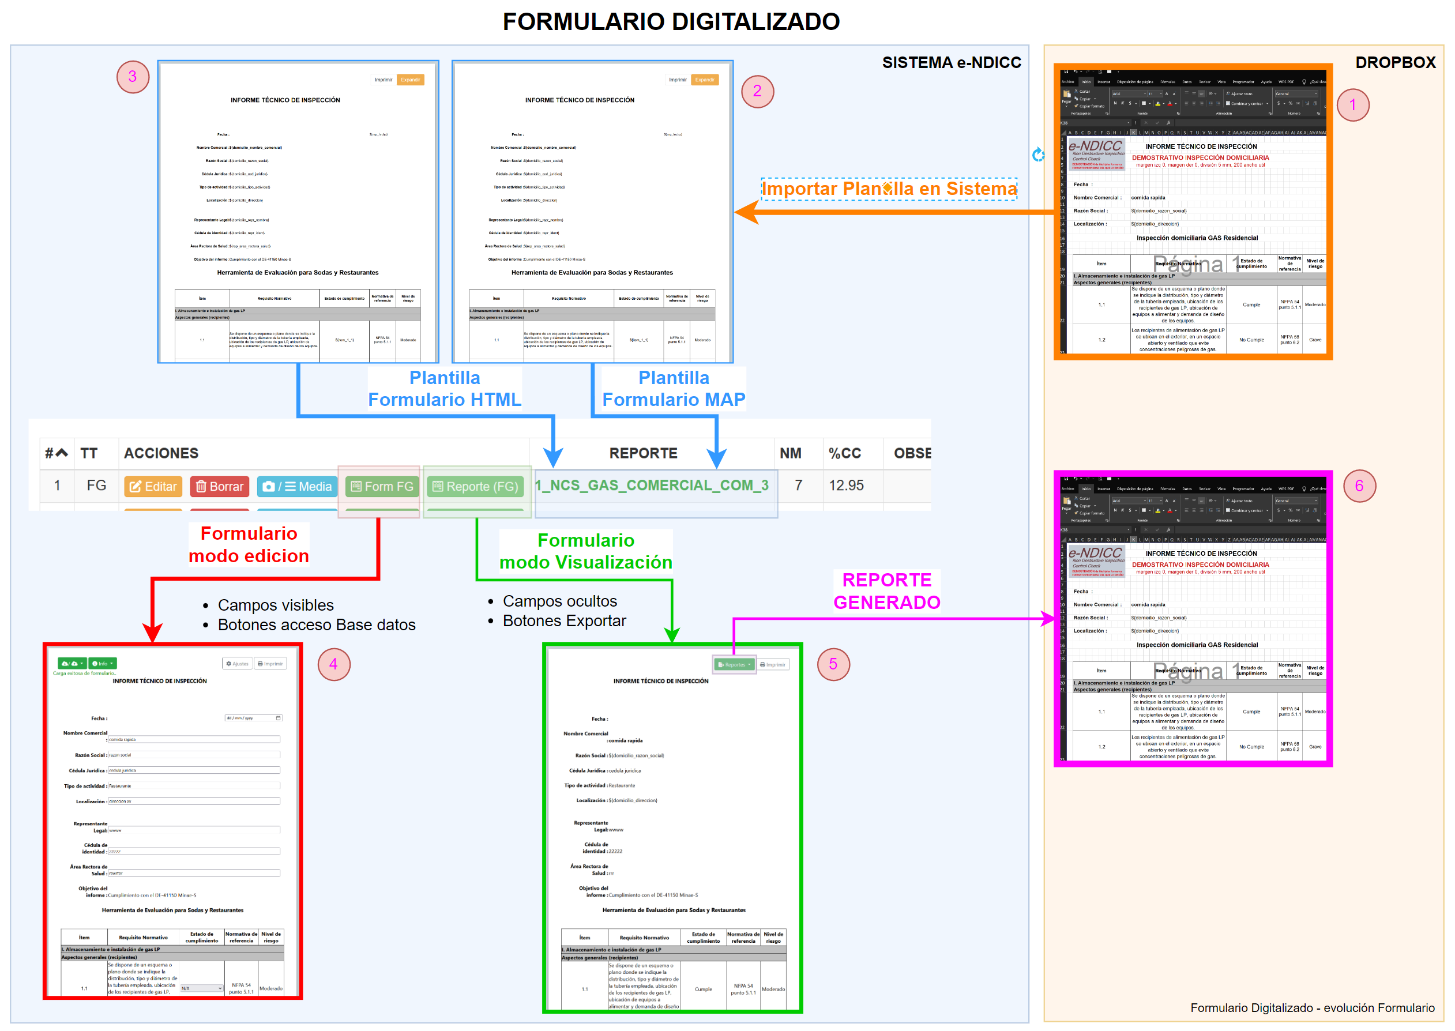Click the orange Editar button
pos(153,486)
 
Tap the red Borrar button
pos(220,486)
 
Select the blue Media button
pos(297,486)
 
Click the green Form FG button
pos(382,486)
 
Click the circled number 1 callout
pos(1352,105)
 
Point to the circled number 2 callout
pos(757,92)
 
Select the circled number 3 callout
pos(133,77)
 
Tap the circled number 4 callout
pos(334,664)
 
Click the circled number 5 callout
pos(833,664)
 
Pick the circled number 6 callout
pos(1359,486)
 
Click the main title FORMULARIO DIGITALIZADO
pos(671,21)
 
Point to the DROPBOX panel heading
pos(1394,62)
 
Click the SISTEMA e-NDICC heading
pos(951,62)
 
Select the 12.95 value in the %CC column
pos(846,486)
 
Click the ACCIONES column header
pos(161,453)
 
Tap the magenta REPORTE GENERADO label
pos(887,591)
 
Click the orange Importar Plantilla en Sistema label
pos(889,189)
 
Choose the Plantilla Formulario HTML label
pos(445,389)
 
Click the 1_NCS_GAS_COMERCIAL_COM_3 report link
pos(652,486)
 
